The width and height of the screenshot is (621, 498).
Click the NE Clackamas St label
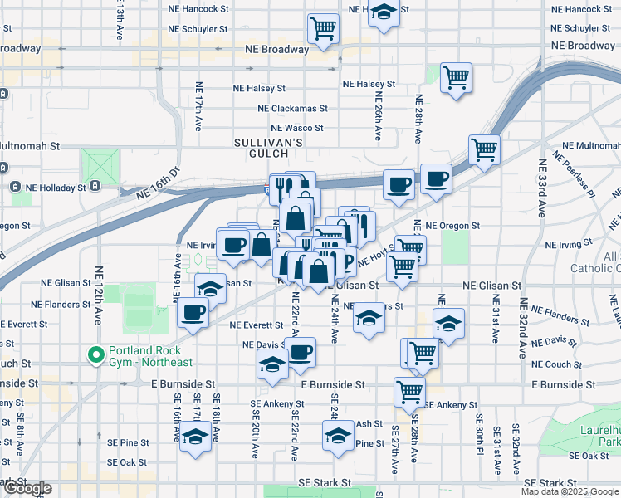pyautogui.click(x=292, y=108)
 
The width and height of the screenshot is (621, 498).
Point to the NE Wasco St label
pyautogui.click(x=297, y=128)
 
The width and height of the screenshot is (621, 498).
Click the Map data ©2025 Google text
pyautogui.click(x=569, y=491)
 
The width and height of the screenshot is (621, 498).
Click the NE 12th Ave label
pyautogui.click(x=98, y=295)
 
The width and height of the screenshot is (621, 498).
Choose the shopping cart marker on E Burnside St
pyautogui.click(x=409, y=390)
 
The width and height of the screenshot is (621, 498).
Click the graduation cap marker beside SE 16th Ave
pyautogui.click(x=196, y=437)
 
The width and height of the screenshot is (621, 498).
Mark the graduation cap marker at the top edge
pyautogui.click(x=383, y=12)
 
